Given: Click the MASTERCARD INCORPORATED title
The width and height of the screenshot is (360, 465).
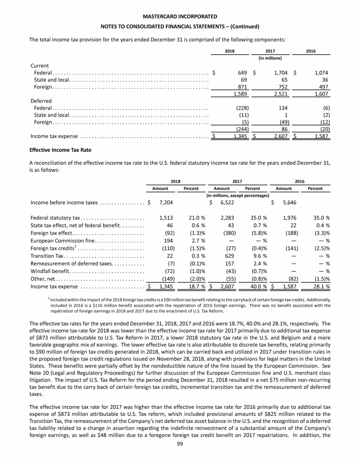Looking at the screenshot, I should click(180, 16).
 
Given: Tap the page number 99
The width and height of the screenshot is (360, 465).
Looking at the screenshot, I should click(180, 458).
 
